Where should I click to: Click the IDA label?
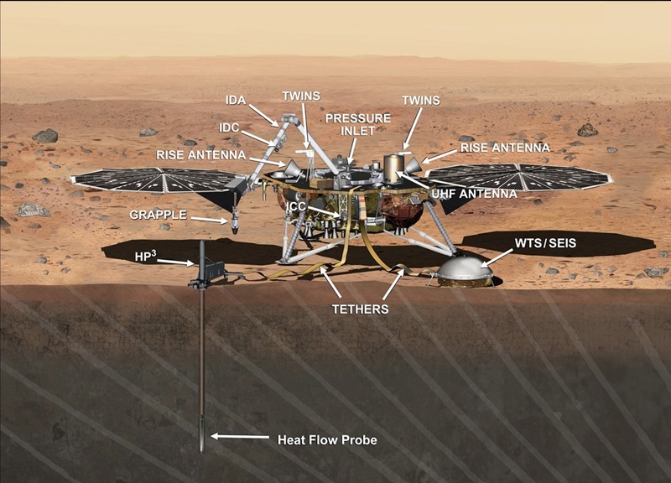236,100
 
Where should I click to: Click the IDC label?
230,127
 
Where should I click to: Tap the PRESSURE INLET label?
358,125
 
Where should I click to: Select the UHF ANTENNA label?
475,193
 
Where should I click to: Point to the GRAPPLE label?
157,215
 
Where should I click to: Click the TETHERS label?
359,309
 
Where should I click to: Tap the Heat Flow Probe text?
327,439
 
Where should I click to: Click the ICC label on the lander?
295,206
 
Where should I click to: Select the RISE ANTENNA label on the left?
200,154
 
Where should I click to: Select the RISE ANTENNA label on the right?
505,148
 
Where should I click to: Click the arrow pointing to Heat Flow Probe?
239,436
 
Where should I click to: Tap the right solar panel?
520,177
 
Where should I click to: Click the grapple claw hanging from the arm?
235,224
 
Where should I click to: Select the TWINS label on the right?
420,100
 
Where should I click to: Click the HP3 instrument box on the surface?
211,269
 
